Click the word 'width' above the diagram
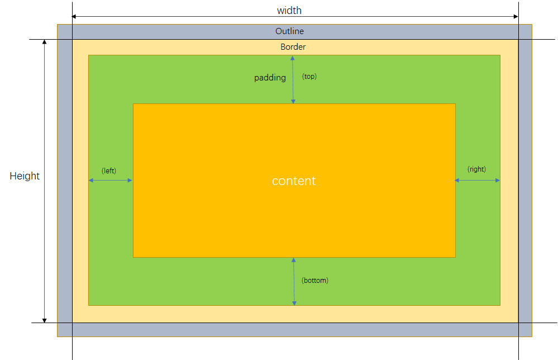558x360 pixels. [x=289, y=11]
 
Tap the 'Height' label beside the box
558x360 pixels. [x=25, y=176]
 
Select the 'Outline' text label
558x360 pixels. [x=289, y=31]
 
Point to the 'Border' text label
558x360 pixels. [x=293, y=47]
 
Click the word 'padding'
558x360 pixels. [x=270, y=78]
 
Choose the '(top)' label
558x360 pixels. [x=309, y=77]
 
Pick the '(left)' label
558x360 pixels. [x=109, y=170]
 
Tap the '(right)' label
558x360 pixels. [x=477, y=169]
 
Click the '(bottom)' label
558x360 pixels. [x=315, y=280]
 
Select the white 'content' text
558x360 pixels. [x=294, y=181]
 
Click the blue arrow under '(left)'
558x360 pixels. [x=111, y=180]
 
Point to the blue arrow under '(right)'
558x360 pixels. [x=478, y=180]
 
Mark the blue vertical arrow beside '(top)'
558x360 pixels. [x=293, y=79]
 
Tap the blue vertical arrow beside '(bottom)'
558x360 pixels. [x=294, y=281]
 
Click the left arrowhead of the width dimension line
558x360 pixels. [x=75, y=17]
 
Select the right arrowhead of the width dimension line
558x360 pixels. [x=516, y=17]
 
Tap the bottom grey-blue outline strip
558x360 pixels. [x=295, y=329]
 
